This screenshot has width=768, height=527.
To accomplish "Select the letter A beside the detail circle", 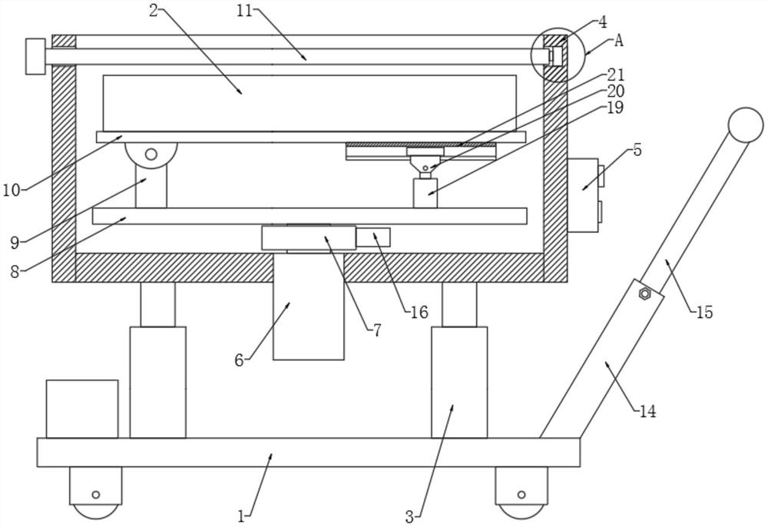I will click(618, 41).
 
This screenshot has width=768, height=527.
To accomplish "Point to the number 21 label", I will click(616, 75).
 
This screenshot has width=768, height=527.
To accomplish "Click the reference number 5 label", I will click(637, 151).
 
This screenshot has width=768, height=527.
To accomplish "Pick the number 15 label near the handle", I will click(703, 312).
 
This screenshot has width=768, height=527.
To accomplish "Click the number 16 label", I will click(419, 312).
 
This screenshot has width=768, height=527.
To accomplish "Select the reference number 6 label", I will click(240, 360).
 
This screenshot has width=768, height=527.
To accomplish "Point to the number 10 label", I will click(12, 190).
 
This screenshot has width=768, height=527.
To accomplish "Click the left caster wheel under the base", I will click(95, 493).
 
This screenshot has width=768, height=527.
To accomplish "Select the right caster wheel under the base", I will click(521, 493).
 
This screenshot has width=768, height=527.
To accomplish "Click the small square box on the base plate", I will click(82, 409).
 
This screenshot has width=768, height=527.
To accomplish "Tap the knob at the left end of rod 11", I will click(35, 56).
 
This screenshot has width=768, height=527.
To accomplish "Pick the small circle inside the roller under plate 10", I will click(151, 154).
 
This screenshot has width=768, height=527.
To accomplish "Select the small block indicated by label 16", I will click(372, 237).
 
